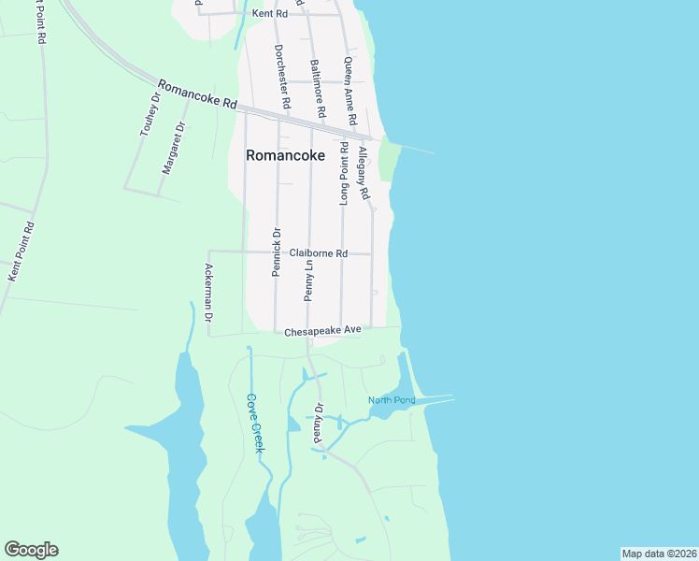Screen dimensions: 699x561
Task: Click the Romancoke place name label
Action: coord(285,156)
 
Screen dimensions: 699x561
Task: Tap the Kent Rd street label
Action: coord(269,14)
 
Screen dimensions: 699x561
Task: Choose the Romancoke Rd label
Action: coord(196,94)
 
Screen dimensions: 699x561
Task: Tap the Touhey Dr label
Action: coord(151,115)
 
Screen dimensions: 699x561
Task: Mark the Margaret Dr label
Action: coord(174,147)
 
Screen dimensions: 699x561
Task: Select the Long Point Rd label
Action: coord(344,174)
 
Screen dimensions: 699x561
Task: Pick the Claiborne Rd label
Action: coord(318,253)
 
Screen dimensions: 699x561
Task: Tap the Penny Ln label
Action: coord(308,280)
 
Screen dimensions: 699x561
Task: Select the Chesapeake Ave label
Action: coord(322,330)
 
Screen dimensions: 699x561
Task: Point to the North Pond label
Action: coord(391,400)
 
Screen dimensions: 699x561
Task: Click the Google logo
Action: coord(31,550)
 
